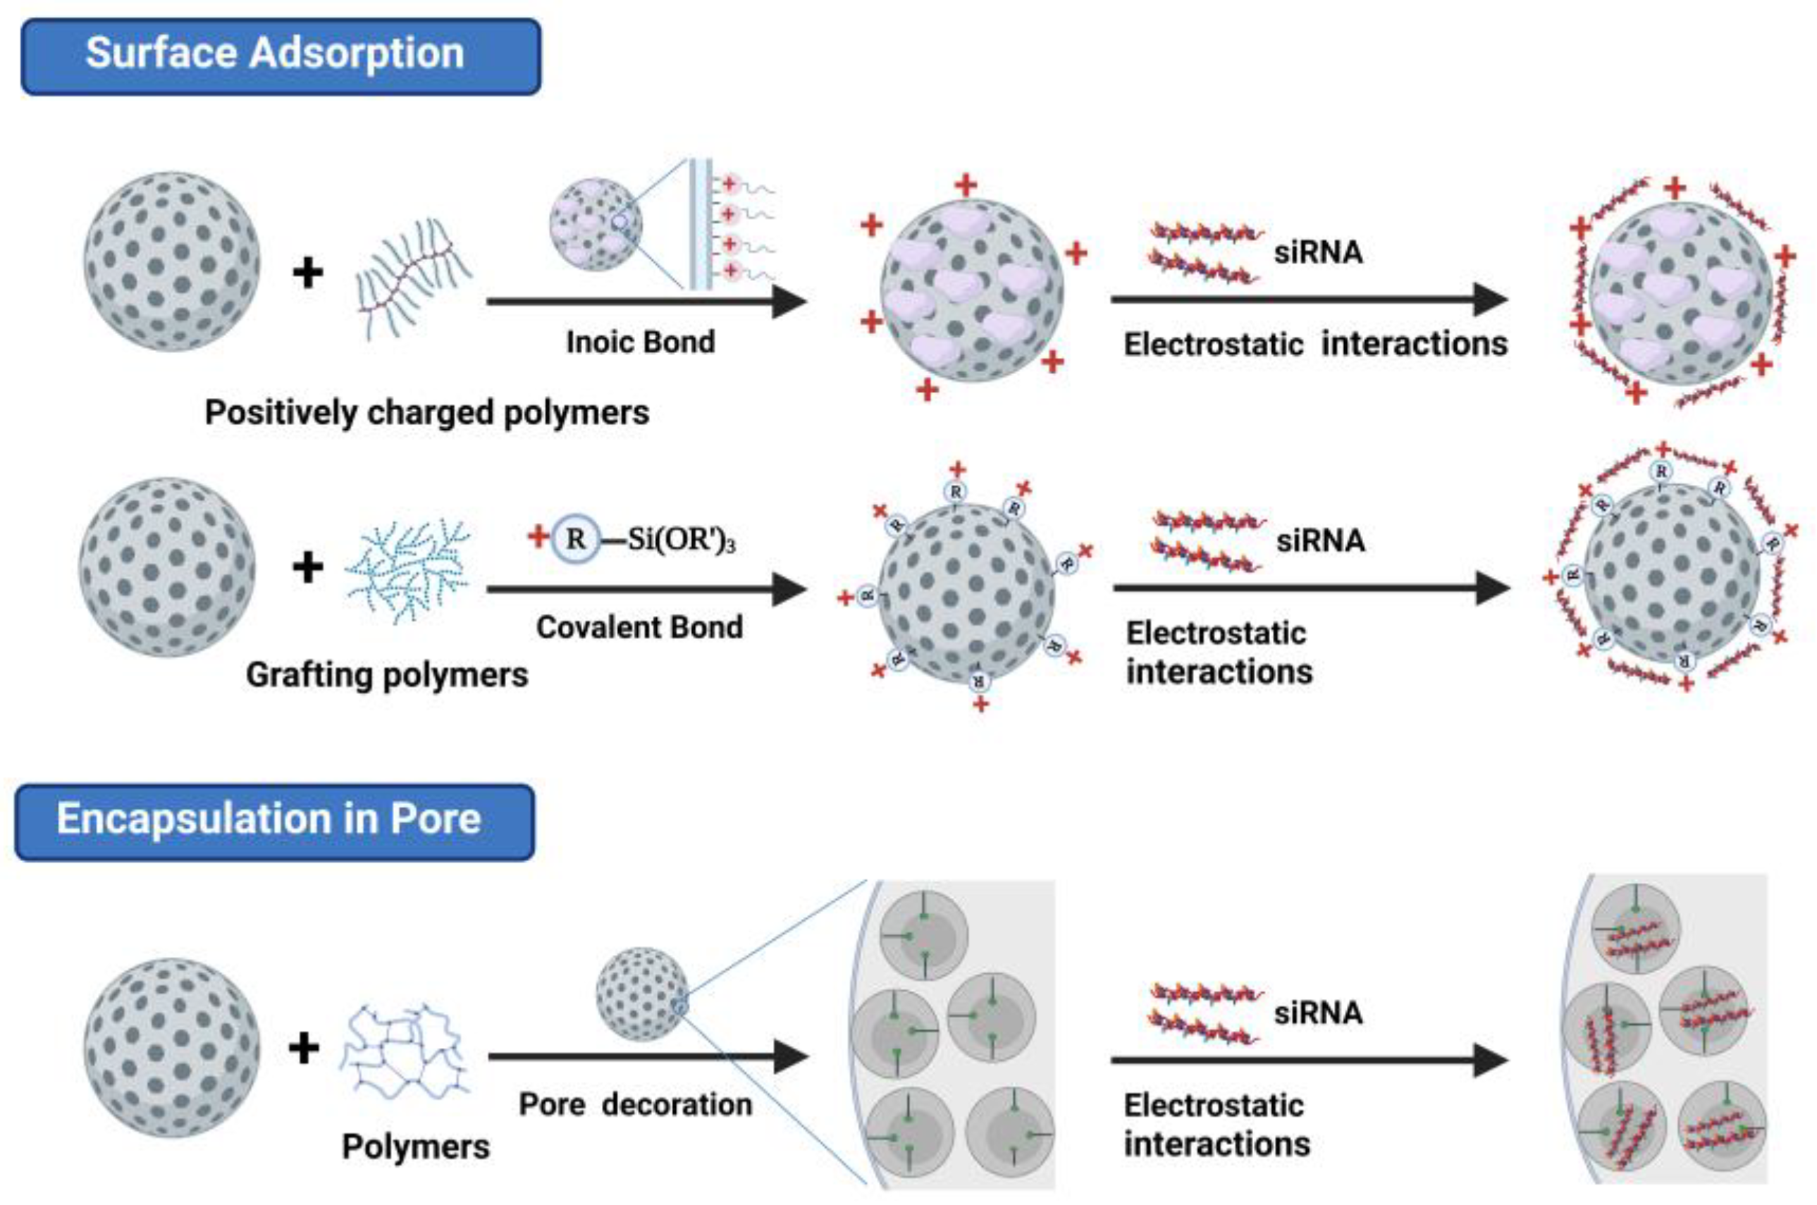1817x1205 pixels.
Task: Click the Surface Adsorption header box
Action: click(x=281, y=56)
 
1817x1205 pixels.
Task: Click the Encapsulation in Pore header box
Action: click(x=274, y=822)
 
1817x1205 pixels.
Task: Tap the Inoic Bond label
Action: click(x=640, y=342)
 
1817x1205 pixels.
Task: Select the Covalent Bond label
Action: click(x=639, y=627)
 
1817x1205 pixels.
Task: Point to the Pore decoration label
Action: click(x=636, y=1104)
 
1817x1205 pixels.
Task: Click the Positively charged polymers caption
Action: click(x=426, y=413)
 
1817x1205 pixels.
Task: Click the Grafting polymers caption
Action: click(x=387, y=675)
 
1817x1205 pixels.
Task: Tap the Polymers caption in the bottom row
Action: click(x=416, y=1147)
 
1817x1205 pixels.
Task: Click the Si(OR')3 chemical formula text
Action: click(x=681, y=540)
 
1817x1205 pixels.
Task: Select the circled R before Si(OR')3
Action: click(x=575, y=538)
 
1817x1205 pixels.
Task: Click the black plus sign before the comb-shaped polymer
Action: click(x=308, y=273)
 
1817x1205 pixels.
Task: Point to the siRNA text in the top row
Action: click(x=1318, y=252)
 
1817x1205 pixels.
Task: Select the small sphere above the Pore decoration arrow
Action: click(x=642, y=994)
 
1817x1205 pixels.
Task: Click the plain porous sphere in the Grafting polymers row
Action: click(x=168, y=567)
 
